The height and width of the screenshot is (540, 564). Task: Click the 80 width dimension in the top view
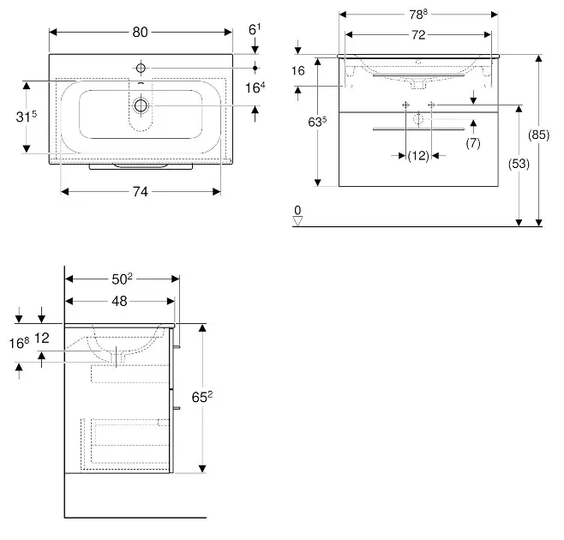click(x=141, y=33)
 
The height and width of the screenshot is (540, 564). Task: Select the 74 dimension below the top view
click(x=141, y=192)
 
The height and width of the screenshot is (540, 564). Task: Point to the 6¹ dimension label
click(x=254, y=30)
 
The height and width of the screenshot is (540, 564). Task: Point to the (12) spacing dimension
click(x=418, y=156)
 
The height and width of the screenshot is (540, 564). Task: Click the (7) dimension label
click(x=472, y=142)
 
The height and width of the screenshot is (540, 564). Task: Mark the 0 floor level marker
click(x=297, y=210)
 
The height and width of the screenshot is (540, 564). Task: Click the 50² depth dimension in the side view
click(x=121, y=279)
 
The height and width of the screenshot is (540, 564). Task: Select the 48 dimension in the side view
click(x=119, y=301)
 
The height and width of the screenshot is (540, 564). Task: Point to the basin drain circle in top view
click(x=141, y=105)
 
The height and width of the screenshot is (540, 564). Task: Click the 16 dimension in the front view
click(x=298, y=71)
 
